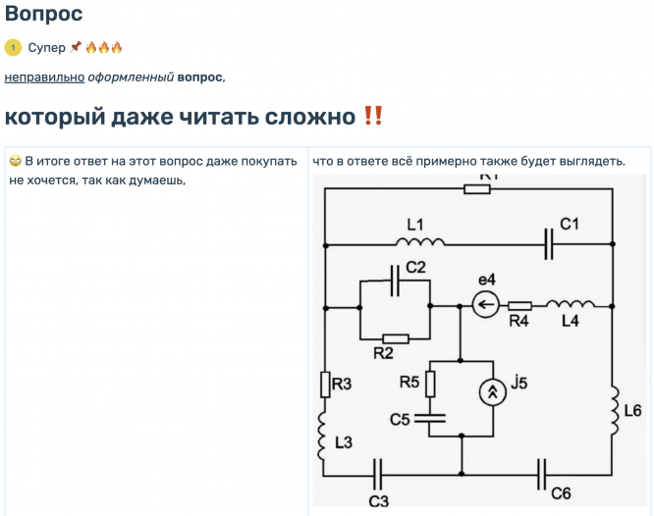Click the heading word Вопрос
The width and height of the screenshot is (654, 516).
pos(43,14)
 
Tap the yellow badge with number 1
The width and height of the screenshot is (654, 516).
pos(13,47)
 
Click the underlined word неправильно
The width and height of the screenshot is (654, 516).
pos(44,77)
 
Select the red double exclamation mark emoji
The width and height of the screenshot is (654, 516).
pos(372,116)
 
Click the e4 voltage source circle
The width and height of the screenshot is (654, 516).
pos(485,305)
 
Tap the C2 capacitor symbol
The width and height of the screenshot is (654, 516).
pos(396,283)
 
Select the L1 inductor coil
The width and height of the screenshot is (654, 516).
pos(420,241)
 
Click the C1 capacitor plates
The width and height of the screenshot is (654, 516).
pos(549,243)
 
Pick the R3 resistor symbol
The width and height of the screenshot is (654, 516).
pos(325,385)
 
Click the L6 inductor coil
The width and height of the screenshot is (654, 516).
pos(613,412)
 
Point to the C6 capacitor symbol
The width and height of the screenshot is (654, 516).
pos(542,475)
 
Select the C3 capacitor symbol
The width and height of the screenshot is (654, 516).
pos(378,476)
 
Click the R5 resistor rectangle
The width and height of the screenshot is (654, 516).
pos(430,384)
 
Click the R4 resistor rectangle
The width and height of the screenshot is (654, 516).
pos(520,305)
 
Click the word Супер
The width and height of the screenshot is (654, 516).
pos(47,47)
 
